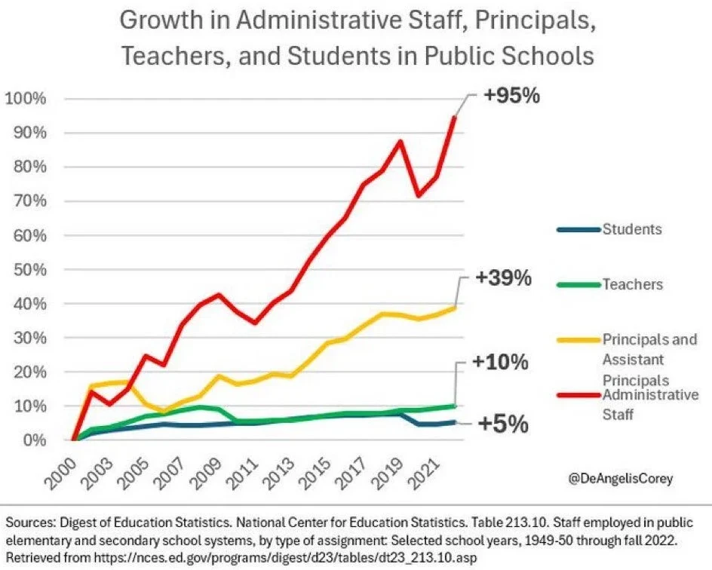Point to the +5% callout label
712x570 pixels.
click(501, 424)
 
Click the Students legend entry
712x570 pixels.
click(631, 228)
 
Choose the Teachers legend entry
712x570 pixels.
click(632, 284)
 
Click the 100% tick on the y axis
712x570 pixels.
click(26, 99)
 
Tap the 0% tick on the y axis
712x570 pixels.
click(33, 440)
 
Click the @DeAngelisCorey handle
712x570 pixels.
click(625, 478)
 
